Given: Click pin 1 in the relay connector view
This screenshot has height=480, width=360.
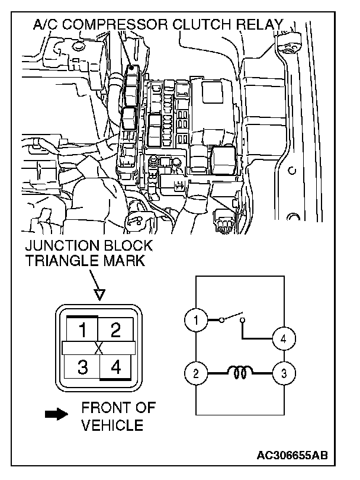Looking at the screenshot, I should [x=83, y=329].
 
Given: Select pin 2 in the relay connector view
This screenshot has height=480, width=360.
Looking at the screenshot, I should [x=116, y=329].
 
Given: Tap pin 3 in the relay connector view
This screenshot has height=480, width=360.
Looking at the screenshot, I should [x=83, y=367].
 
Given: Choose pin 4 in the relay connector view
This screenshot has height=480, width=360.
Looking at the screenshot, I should [x=116, y=367].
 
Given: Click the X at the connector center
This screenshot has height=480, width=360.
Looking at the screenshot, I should [x=99, y=348].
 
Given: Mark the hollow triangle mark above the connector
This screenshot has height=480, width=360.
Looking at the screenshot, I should [x=99, y=293].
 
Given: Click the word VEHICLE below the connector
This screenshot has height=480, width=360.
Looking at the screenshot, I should [x=112, y=424].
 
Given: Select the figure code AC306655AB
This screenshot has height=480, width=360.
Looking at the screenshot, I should [x=292, y=456].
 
